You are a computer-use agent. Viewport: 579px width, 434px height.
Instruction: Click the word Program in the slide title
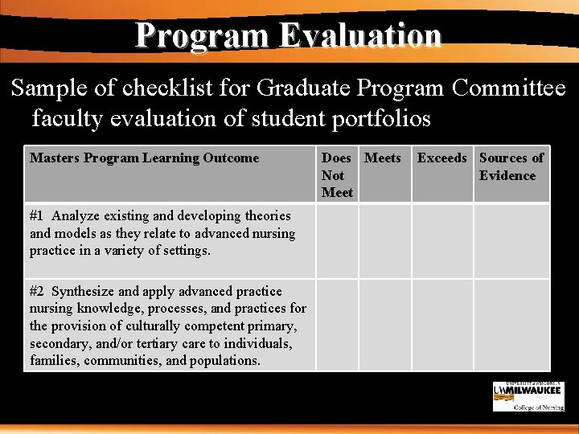203,35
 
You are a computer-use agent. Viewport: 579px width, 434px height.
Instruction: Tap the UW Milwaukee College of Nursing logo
528,396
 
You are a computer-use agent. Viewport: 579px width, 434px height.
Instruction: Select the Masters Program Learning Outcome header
145,158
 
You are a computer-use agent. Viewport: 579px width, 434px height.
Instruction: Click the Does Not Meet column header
337,174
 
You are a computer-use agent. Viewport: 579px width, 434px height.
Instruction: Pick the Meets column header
383,158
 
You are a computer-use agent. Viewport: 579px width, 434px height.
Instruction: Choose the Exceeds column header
441,158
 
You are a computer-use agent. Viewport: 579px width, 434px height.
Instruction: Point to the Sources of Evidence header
511,166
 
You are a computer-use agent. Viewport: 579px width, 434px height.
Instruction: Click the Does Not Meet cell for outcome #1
337,240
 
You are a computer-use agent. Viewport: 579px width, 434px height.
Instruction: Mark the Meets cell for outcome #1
384,240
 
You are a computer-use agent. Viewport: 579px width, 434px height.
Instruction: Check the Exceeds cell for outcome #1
442,240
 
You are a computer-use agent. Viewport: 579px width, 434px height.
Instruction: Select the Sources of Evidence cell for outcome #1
511,240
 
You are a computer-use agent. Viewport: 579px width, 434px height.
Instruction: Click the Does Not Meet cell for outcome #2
337,325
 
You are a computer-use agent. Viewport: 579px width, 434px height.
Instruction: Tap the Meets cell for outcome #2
384,325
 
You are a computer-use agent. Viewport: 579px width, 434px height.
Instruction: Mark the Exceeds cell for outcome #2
442,325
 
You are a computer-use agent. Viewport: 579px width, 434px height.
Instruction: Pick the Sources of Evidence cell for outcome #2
511,325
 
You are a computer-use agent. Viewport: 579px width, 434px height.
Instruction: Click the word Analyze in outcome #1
78,215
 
